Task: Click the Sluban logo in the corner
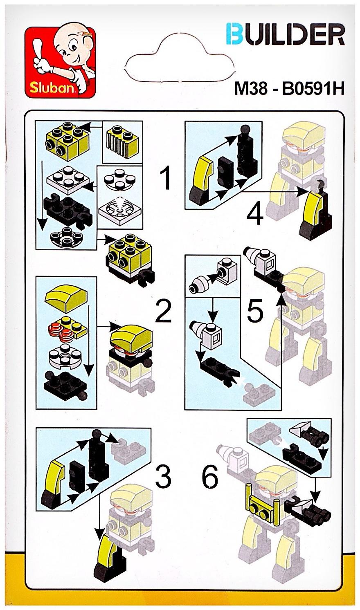click(60, 61)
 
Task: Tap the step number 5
click(255, 310)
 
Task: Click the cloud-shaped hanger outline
click(179, 57)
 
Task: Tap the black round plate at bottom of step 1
click(66, 236)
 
